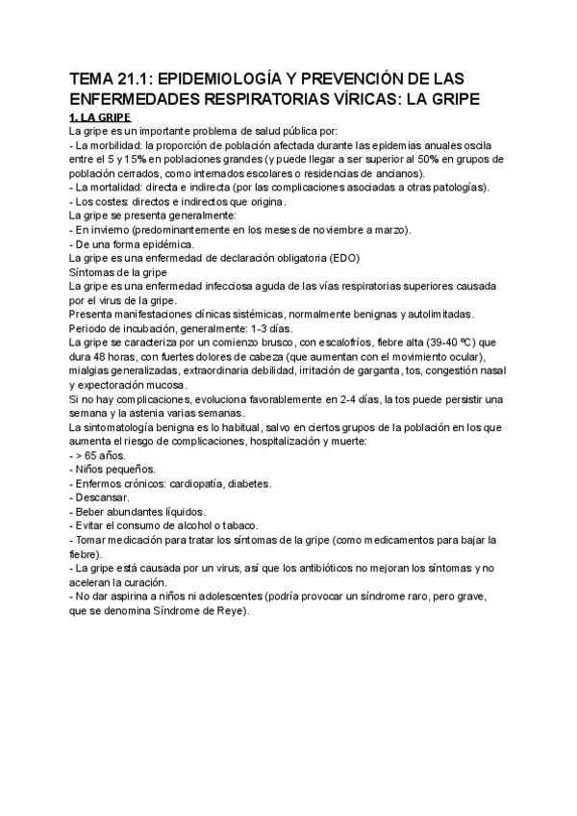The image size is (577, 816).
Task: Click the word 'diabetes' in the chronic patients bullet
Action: [x=244, y=483]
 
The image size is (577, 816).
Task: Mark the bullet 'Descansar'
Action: [x=100, y=497]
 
